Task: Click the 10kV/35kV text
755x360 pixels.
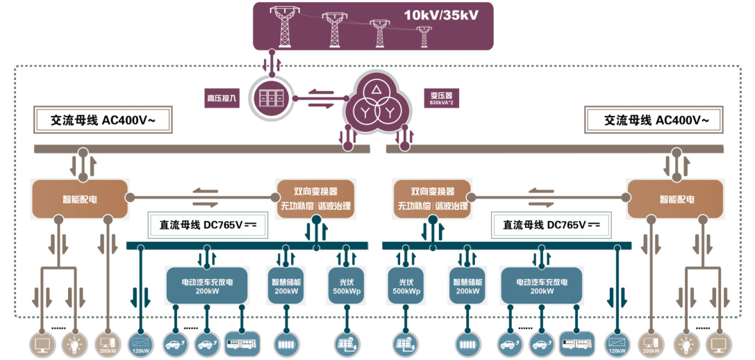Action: [x=442, y=15]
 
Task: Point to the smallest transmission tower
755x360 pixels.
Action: [x=423, y=36]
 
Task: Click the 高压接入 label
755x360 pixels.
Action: [x=221, y=99]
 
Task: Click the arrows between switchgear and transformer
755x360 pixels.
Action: [x=322, y=98]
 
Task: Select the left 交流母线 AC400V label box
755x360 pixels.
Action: [x=103, y=120]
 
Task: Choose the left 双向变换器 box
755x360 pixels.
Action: [x=315, y=199]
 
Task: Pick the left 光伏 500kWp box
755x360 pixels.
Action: [x=346, y=286]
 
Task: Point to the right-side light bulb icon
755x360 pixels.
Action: [x=686, y=343]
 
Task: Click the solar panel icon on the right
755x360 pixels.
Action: [x=404, y=343]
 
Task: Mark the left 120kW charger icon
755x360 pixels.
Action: [x=141, y=343]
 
